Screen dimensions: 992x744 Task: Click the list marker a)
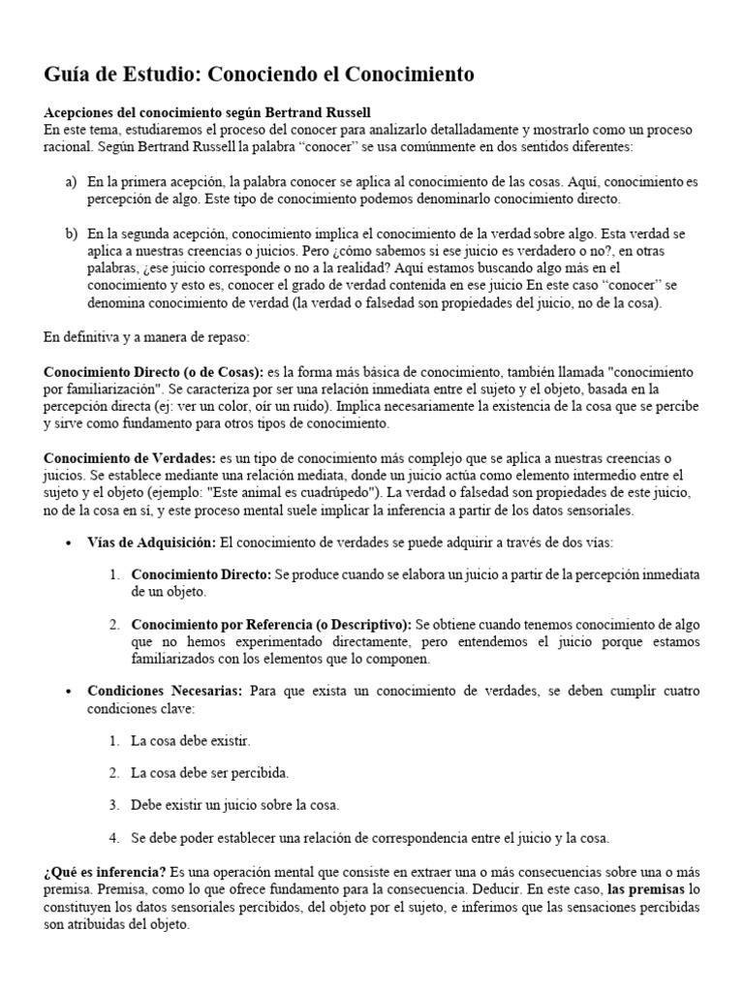click(x=71, y=182)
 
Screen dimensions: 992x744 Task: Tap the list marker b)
click(x=71, y=233)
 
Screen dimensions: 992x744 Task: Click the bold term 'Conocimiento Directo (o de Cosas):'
click(x=154, y=373)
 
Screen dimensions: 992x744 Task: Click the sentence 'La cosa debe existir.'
click(x=190, y=741)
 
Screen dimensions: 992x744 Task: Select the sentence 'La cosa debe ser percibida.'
click(x=210, y=773)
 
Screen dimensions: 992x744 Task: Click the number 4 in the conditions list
click(x=113, y=838)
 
